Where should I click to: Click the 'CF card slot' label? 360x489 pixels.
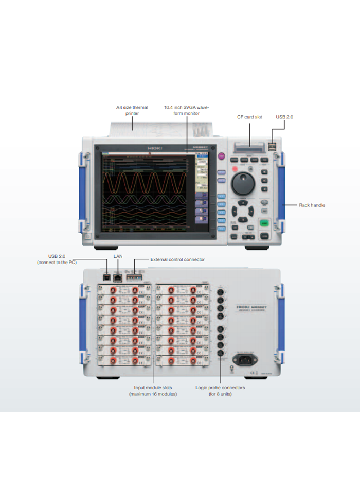click(x=250, y=117)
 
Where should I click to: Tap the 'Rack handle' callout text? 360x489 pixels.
click(x=312, y=205)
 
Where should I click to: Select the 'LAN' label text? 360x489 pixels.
click(x=117, y=255)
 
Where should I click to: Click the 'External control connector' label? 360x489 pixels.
click(x=177, y=260)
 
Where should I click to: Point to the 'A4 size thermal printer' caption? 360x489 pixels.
click(x=132, y=110)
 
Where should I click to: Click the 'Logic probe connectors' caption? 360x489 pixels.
click(x=220, y=391)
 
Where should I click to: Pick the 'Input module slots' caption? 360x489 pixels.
click(x=153, y=391)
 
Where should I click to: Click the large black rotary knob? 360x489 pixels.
click(x=242, y=183)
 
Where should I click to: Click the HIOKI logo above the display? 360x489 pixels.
click(x=155, y=148)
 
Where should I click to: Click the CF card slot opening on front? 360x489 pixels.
click(x=250, y=147)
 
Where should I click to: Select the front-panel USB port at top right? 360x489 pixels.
click(x=271, y=147)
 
